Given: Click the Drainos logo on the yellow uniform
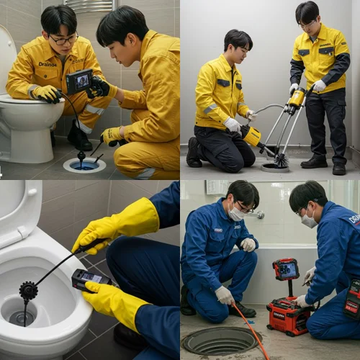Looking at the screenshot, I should pyautogui.click(x=48, y=64).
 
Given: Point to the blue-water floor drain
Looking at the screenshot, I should pyautogui.click(x=84, y=165).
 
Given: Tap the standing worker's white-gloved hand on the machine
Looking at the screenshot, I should pyautogui.click(x=318, y=86).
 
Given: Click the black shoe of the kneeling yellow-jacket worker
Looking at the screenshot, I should pyautogui.click(x=194, y=153).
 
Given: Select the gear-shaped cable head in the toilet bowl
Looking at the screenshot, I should pyautogui.click(x=29, y=290).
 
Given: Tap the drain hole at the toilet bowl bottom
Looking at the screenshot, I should pyautogui.click(x=22, y=316).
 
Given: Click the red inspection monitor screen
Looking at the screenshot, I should pyautogui.click(x=287, y=270).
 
